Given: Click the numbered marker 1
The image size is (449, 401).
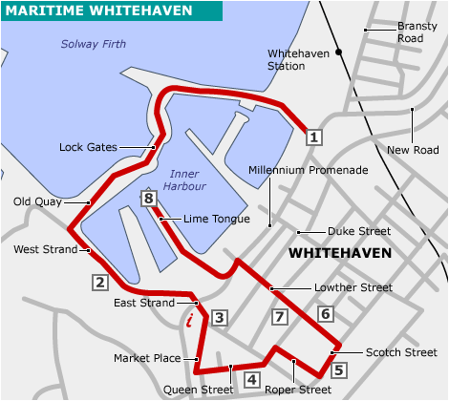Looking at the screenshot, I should click(312, 137).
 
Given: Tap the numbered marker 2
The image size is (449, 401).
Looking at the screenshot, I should click(99, 282).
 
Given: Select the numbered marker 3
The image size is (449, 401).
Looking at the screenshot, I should click(219, 318).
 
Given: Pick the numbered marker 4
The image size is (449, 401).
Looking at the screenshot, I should click(251, 379).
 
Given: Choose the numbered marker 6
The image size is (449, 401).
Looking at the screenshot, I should click(325, 313).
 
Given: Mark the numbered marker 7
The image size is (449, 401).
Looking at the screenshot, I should click(279, 317).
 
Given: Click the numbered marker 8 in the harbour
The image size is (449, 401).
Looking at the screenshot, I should click(147, 199).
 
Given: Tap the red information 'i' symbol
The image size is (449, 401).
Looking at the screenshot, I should click(190, 320).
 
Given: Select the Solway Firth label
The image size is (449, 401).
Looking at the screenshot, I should click(93, 43).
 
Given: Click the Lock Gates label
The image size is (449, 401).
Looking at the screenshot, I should click(88, 147).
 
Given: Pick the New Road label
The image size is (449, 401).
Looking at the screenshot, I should click(413, 150).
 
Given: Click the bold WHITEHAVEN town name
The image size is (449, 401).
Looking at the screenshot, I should click(340, 254).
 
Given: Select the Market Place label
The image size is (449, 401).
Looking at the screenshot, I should click(147, 358).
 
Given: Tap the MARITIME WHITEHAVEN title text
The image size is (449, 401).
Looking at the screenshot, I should click(98, 11).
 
